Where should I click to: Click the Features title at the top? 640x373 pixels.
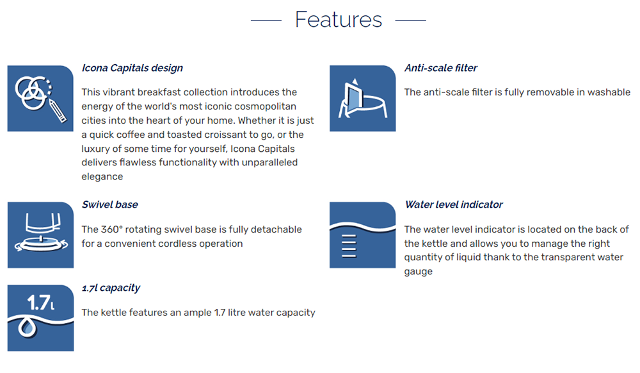click(x=339, y=20)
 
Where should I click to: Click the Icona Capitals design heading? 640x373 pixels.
click(x=132, y=68)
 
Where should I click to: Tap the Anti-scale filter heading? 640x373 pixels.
click(x=441, y=68)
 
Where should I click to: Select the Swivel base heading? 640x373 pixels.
click(x=110, y=204)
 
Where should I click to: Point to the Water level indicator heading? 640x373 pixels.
click(x=454, y=204)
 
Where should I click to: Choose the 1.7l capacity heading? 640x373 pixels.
click(x=111, y=288)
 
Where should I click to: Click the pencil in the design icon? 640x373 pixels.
click(x=58, y=110)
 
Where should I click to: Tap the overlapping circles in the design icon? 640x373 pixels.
click(x=33, y=92)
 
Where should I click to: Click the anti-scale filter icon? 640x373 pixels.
click(x=362, y=99)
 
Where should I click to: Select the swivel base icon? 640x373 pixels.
click(x=40, y=235)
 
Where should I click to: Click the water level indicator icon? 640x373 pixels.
click(x=362, y=235)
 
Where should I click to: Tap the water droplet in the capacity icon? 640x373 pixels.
click(x=28, y=327)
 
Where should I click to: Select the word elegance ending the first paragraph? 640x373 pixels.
click(x=102, y=177)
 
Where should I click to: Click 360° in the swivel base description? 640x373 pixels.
click(x=110, y=229)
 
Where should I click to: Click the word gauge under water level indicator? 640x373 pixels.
click(x=419, y=272)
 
